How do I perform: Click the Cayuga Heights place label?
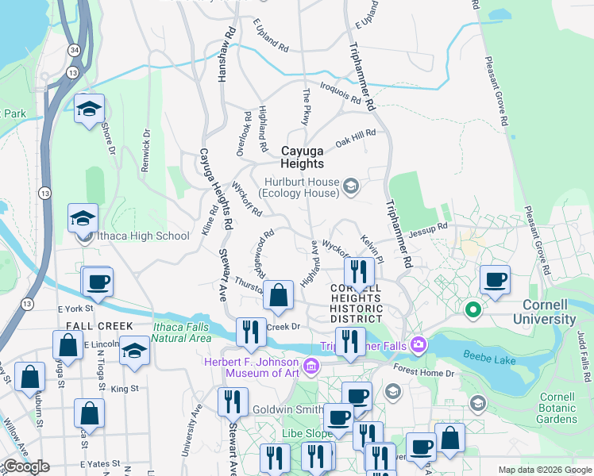(x=302, y=156)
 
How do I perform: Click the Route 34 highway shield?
(x=73, y=50)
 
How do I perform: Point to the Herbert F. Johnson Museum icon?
(x=311, y=366)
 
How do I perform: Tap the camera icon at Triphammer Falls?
(x=418, y=344)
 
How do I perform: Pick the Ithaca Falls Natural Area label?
(x=182, y=332)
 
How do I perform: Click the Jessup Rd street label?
(x=428, y=230)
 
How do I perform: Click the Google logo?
(x=26, y=466)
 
